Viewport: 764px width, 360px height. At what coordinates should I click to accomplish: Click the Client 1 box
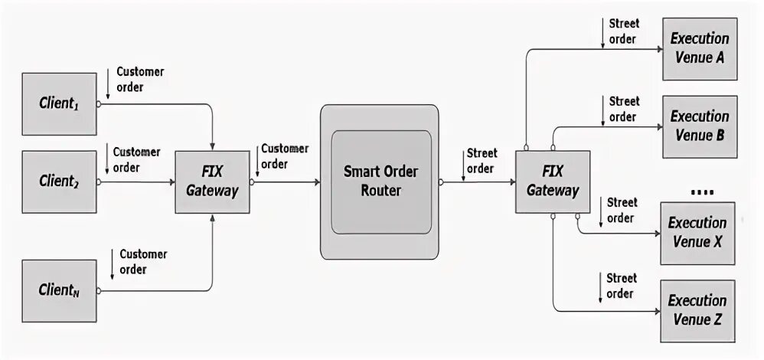[59, 104]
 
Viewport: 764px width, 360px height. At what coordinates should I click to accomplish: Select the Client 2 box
[59, 182]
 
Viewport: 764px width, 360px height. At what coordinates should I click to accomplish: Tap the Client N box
[59, 290]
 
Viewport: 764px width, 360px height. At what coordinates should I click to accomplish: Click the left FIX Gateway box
[212, 182]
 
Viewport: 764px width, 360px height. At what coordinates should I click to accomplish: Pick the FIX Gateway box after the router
[552, 182]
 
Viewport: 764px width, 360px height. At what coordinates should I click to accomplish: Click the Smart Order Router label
[380, 182]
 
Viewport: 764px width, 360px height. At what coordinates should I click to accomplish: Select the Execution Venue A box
[699, 48]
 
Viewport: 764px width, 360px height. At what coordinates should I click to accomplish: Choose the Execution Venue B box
[699, 126]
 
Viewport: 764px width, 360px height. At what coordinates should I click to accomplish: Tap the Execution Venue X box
[699, 233]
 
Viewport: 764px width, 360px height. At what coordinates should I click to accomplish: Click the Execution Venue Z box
[699, 310]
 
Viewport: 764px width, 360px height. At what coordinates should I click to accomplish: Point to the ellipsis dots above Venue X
[701, 191]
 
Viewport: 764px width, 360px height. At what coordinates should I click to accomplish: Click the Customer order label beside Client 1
[140, 79]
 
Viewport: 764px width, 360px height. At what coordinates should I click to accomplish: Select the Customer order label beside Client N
[143, 261]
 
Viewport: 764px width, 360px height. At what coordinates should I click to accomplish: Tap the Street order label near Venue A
[624, 31]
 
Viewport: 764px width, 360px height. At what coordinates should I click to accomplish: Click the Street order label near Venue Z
[621, 286]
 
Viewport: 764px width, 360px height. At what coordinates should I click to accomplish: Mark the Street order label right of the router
[482, 161]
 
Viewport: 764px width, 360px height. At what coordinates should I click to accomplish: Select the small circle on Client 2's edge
[99, 182]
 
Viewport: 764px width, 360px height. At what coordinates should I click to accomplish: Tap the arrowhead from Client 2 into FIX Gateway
[171, 182]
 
